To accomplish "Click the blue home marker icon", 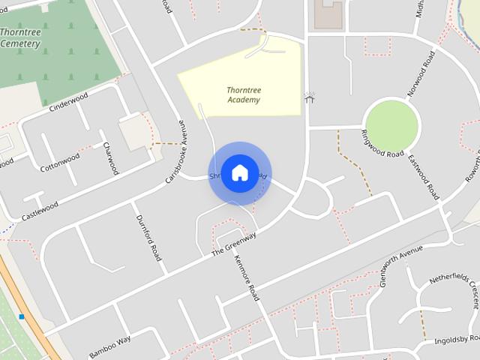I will click(240, 173).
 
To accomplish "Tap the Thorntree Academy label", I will click(244, 95).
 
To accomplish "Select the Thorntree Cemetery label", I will click(20, 38).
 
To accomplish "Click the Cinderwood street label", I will click(68, 102).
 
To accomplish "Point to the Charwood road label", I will click(111, 157).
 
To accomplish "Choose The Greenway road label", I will click(234, 244).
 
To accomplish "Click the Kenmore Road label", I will click(247, 277).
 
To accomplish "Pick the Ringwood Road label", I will click(382, 143).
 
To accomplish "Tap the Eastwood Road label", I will click(424, 177).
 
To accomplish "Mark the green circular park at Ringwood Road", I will click(391, 124).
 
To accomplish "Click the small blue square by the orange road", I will click(22, 317).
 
